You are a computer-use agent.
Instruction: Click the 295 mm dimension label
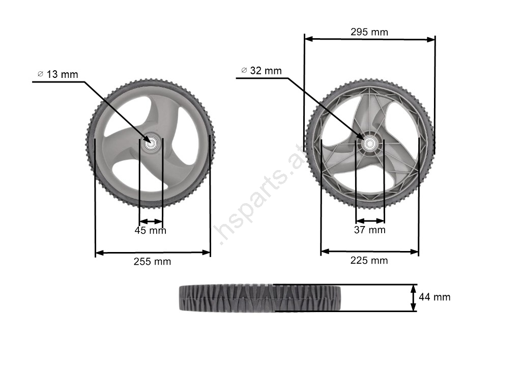[x=369, y=32]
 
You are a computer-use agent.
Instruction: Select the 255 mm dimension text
[x=152, y=262]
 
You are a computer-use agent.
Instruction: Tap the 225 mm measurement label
[x=369, y=261]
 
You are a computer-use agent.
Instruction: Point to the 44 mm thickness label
[x=435, y=297]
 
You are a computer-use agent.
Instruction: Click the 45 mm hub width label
[x=150, y=231]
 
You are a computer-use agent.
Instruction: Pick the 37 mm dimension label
[x=369, y=230]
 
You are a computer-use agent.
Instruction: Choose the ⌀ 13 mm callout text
[x=58, y=74]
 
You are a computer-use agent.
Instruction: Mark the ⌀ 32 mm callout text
[x=262, y=70]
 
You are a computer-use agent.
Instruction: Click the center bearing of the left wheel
[x=151, y=143]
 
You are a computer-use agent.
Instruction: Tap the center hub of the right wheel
[x=369, y=144]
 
